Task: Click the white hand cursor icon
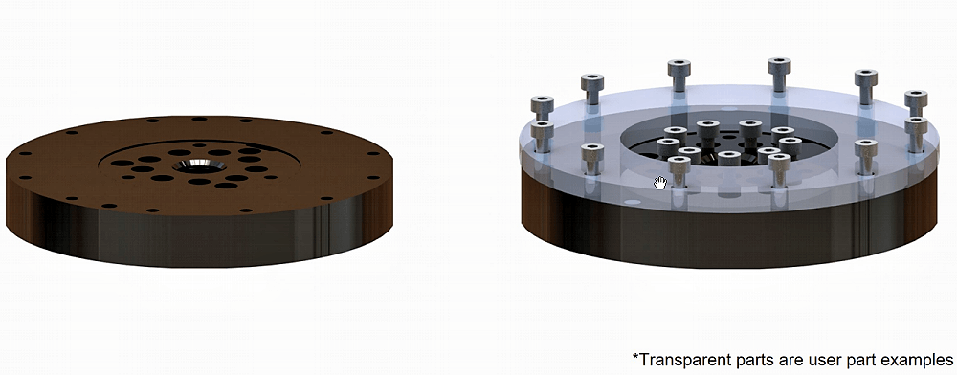(x=659, y=183)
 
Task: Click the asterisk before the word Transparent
(x=635, y=355)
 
